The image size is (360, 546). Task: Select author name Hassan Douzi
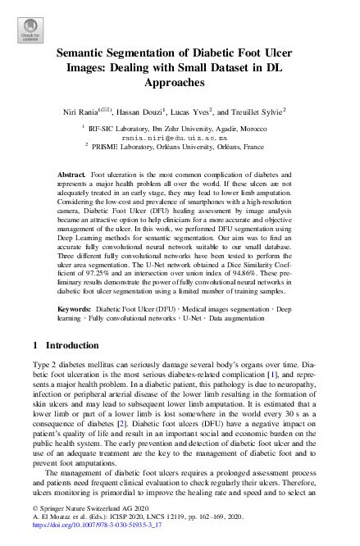point(166,111)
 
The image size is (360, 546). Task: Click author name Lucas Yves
point(215,111)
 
